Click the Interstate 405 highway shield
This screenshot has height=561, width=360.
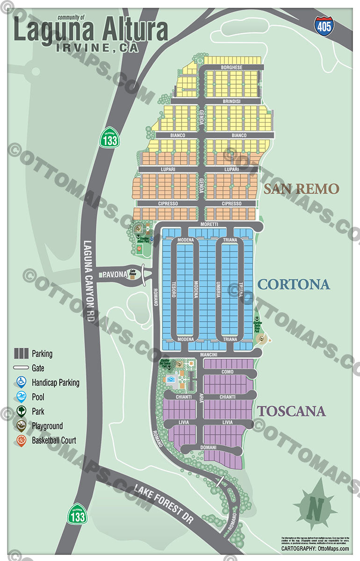tap(324, 25)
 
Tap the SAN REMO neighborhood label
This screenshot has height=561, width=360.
tap(301, 189)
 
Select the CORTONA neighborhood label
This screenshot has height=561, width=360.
tap(294, 284)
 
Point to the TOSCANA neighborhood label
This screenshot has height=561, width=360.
tap(291, 411)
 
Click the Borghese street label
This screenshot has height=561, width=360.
tap(231, 68)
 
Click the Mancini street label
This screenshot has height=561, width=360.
tap(209, 355)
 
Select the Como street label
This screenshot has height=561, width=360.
tap(227, 372)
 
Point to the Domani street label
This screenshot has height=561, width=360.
tap(209, 448)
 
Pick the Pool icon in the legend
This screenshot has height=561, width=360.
tap(21, 397)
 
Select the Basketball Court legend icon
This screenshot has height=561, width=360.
tap(21, 440)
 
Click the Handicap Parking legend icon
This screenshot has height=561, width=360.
tap(21, 382)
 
